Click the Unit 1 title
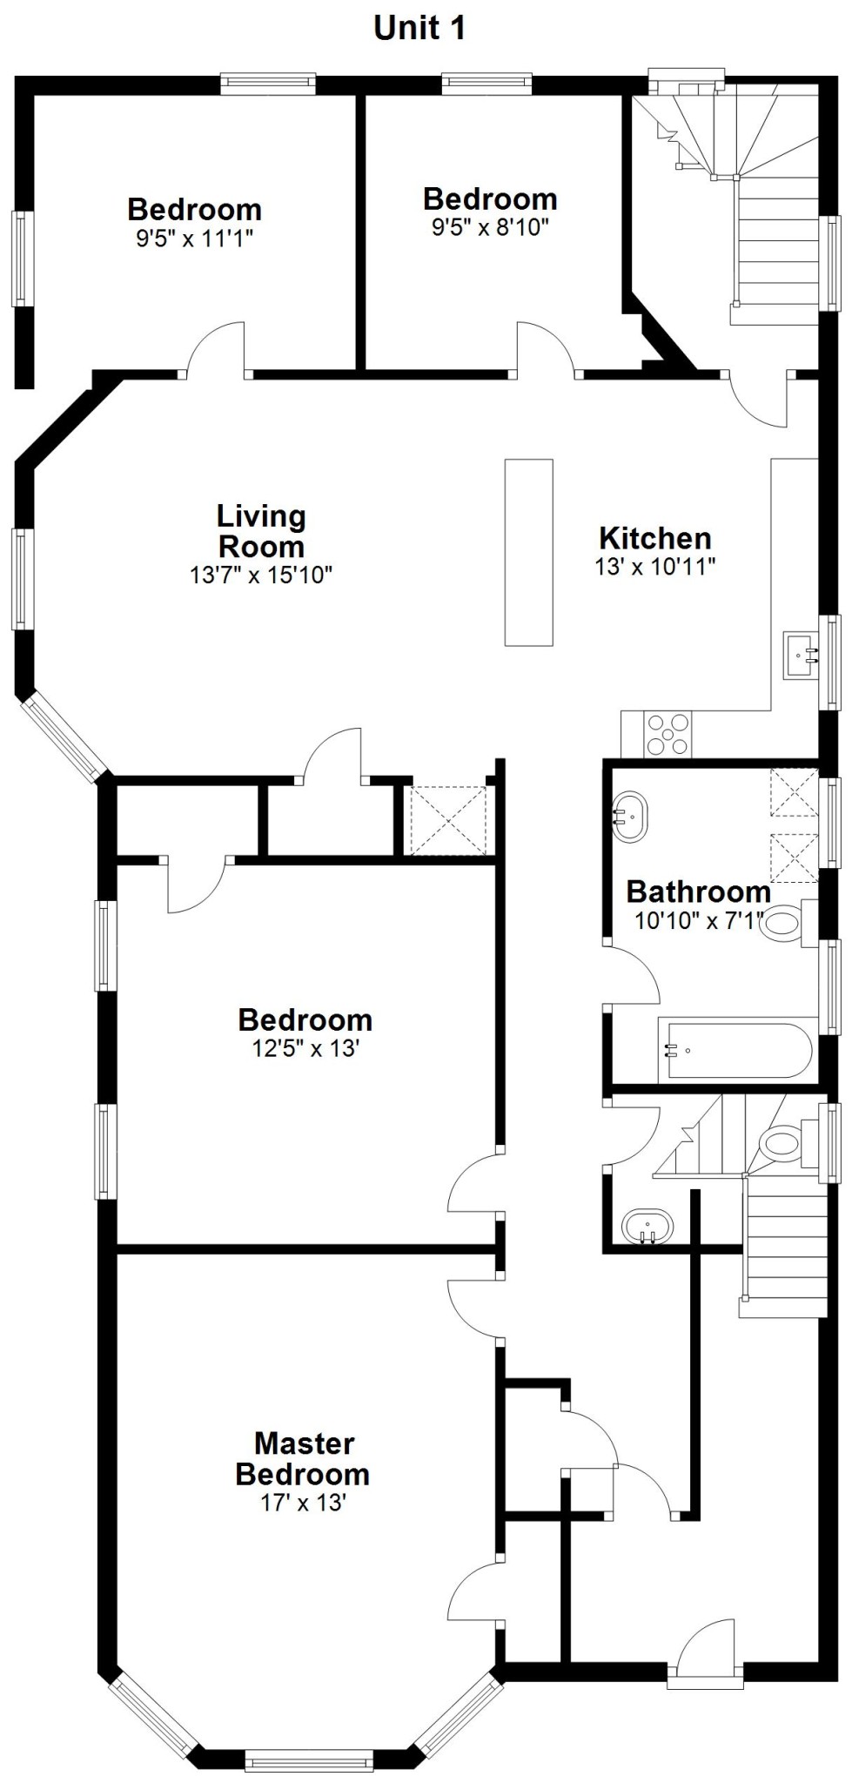[x=419, y=28]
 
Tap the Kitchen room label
[x=655, y=537]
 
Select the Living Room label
[x=261, y=531]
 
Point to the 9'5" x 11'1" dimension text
[x=195, y=238]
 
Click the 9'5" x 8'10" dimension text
[x=490, y=227]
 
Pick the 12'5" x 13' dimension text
[x=306, y=1048]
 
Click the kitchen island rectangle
[x=529, y=552]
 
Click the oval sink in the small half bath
[x=647, y=1228]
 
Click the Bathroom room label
[x=699, y=891]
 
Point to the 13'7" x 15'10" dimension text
[x=261, y=575]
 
